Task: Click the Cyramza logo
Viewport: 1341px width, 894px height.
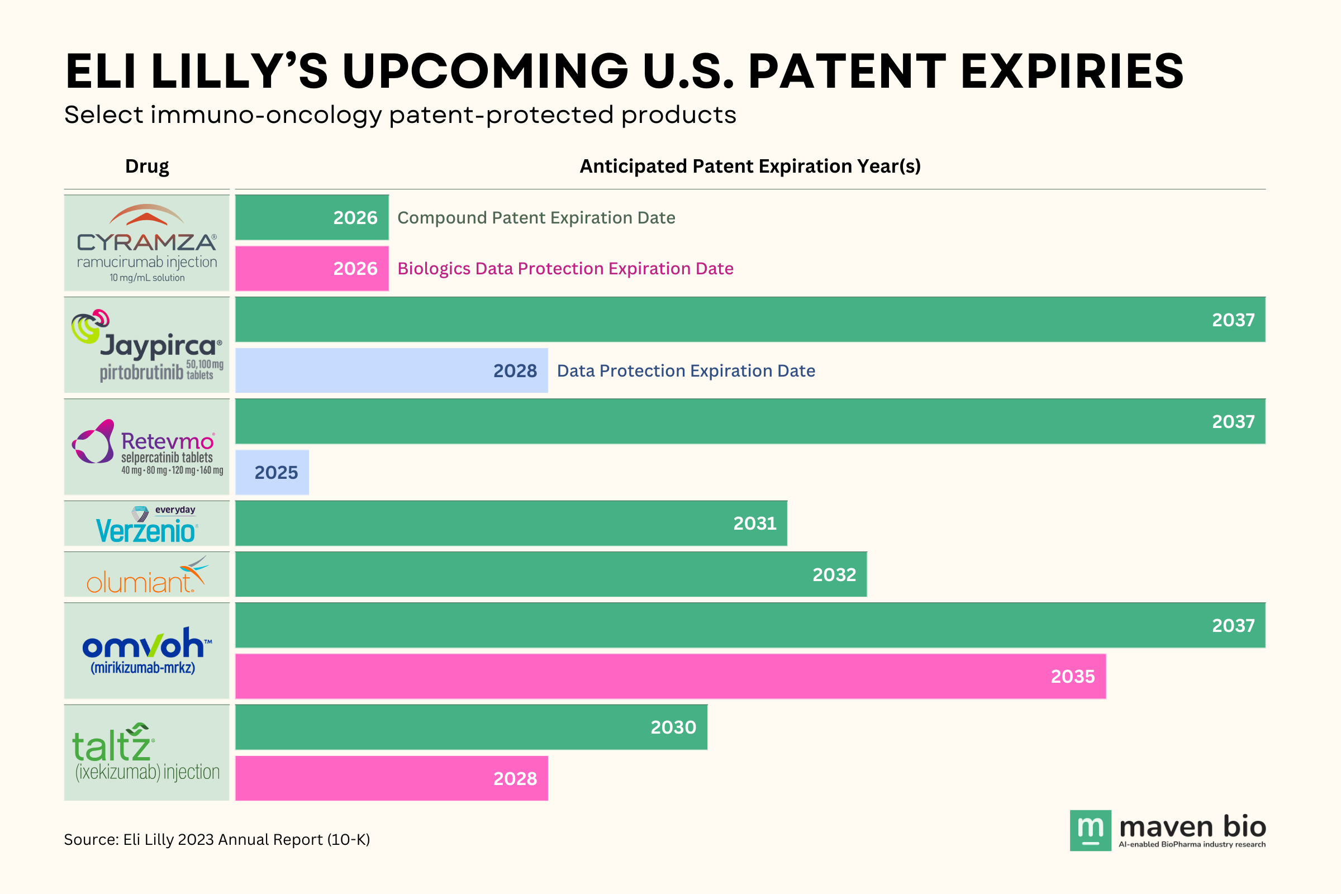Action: pyautogui.click(x=146, y=243)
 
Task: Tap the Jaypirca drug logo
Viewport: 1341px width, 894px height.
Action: pyautogui.click(x=146, y=345)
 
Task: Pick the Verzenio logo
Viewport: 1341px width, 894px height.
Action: pyautogui.click(x=146, y=524)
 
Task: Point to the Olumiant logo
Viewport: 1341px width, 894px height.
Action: pyautogui.click(x=146, y=575)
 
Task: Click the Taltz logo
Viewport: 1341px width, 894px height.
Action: pyautogui.click(x=146, y=753)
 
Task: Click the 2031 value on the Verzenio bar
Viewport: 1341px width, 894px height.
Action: pyautogui.click(x=754, y=524)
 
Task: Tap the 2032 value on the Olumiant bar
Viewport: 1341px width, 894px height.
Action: pyautogui.click(x=834, y=575)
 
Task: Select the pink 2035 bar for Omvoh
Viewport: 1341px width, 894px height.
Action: pyautogui.click(x=670, y=676)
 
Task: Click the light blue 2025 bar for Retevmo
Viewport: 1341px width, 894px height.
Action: pyautogui.click(x=272, y=473)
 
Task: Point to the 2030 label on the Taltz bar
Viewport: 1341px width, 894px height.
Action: pyautogui.click(x=673, y=727)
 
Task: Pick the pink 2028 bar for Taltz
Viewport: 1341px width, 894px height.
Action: pyautogui.click(x=391, y=778)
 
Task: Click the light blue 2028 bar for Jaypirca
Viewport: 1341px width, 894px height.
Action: pyautogui.click(x=391, y=370)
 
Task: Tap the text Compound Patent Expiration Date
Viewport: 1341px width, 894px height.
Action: pyautogui.click(x=536, y=218)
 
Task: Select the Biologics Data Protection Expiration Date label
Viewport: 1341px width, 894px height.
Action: pyautogui.click(x=565, y=269)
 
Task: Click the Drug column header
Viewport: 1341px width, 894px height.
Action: pyautogui.click(x=146, y=167)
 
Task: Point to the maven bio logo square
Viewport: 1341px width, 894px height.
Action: pyautogui.click(x=1090, y=830)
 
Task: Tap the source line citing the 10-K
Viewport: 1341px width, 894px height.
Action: pyautogui.click(x=217, y=839)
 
